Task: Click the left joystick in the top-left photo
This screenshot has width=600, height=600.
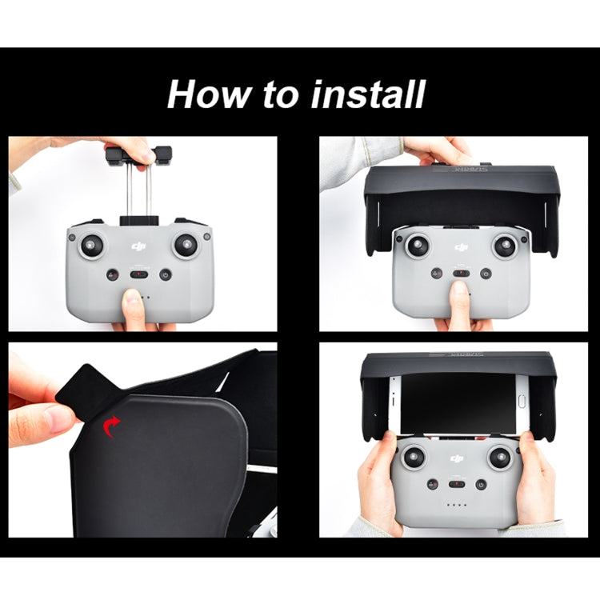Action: [x=93, y=245]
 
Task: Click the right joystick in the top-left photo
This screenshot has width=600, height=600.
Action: [x=186, y=245]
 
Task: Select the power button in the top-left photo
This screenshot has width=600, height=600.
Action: [x=166, y=274]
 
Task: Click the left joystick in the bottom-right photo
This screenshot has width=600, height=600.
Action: [x=414, y=458]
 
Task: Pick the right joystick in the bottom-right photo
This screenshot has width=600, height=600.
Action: [x=501, y=458]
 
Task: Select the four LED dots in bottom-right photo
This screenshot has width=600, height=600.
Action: [x=458, y=505]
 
